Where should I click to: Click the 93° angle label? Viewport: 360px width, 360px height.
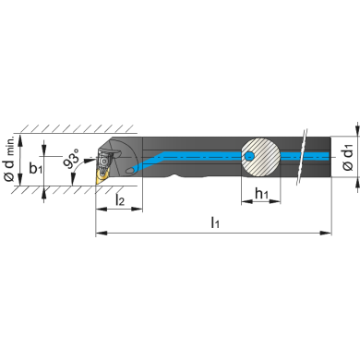72,159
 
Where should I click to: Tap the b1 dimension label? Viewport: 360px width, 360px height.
36,168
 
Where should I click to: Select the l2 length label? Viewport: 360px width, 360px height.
120,199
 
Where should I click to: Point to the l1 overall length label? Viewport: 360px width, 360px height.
215,222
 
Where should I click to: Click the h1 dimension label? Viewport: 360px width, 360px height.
261,194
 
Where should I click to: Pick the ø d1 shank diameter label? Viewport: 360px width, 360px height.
348,158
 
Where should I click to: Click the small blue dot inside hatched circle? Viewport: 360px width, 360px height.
249,157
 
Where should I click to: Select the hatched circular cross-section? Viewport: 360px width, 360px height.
260,157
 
